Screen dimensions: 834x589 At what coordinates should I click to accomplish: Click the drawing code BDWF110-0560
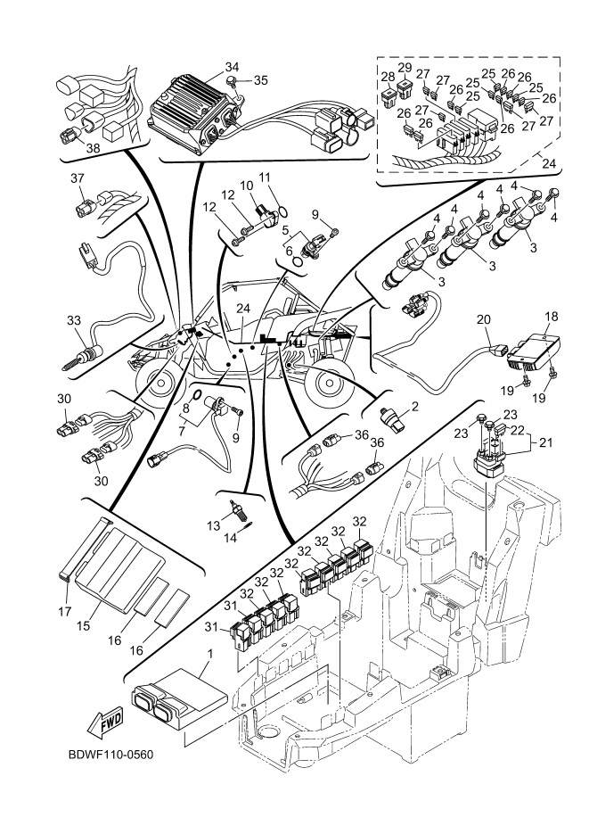coord(110,756)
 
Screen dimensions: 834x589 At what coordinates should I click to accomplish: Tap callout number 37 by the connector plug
coord(78,178)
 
